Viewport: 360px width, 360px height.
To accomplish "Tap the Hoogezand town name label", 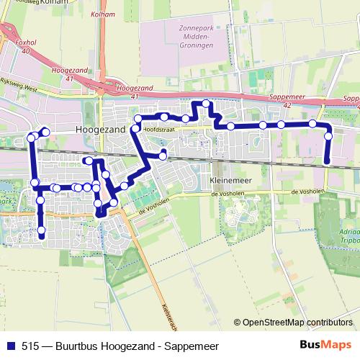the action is tap(100, 129).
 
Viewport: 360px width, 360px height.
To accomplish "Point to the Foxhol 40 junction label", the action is tap(26, 46).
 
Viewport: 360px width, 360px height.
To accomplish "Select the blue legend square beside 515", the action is tap(10, 345).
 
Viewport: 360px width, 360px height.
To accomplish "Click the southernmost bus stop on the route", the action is tap(42, 231).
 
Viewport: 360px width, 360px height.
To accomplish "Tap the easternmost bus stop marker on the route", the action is tap(328, 135).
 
